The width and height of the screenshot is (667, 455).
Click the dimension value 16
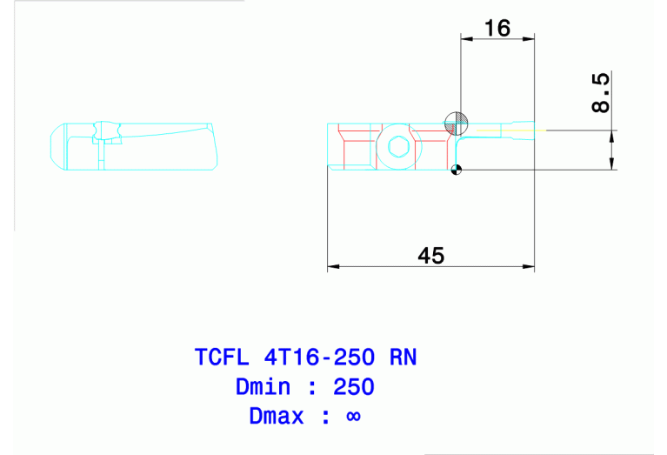coord(497,28)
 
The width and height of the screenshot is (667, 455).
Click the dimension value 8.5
coord(600,93)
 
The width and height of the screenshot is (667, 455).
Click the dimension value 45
coord(430,255)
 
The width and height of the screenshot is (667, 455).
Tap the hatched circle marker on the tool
coord(456,124)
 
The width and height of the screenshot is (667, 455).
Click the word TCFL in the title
coord(223,357)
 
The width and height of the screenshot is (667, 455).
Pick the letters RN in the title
coord(402,357)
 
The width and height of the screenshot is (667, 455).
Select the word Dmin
coord(264,386)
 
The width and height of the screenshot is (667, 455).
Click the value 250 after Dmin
coord(353,386)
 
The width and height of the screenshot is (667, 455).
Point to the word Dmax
coord(277,416)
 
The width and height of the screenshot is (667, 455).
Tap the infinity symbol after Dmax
coord(353,416)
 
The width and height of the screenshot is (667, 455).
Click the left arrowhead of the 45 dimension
coord(332,266)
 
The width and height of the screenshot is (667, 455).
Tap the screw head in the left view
coord(109,131)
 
